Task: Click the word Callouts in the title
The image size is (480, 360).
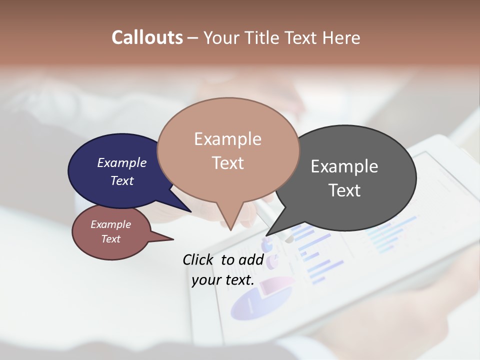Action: pyautogui.click(x=147, y=37)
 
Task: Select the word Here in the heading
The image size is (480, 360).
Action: pyautogui.click(x=341, y=37)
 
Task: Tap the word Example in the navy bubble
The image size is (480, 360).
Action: pyautogui.click(x=122, y=162)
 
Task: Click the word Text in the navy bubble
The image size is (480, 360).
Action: pyautogui.click(x=122, y=180)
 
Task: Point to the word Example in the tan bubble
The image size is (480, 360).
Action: pyautogui.click(x=227, y=139)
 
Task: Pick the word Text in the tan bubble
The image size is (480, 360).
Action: pyautogui.click(x=227, y=163)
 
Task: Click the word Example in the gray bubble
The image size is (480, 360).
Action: pyautogui.click(x=344, y=166)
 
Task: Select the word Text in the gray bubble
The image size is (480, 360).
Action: pyautogui.click(x=344, y=190)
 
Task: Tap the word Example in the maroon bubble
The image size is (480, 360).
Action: pyautogui.click(x=111, y=224)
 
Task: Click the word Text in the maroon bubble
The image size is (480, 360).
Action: pyautogui.click(x=111, y=239)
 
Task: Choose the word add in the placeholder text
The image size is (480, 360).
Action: pyautogui.click(x=250, y=259)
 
